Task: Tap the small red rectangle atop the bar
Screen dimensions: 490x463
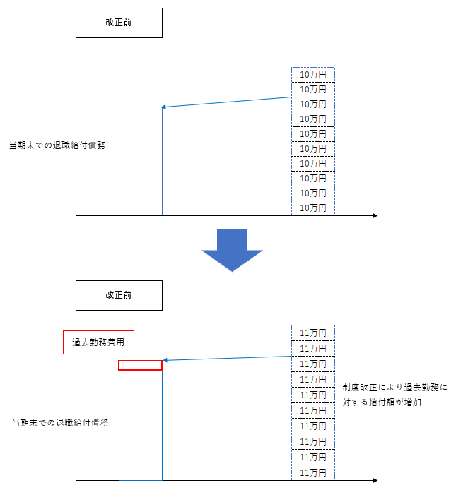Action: click(140, 365)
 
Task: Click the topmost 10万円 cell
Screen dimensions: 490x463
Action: click(312, 74)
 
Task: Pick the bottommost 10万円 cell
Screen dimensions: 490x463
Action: click(312, 208)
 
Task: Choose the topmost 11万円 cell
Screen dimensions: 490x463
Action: click(312, 333)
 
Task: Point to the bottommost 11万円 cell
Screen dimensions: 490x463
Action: click(312, 472)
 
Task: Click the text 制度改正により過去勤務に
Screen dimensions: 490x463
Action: click(395, 388)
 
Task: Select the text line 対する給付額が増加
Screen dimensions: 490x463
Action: click(382, 402)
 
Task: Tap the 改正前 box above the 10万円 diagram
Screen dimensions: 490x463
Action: click(119, 23)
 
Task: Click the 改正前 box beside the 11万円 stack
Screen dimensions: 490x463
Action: click(119, 295)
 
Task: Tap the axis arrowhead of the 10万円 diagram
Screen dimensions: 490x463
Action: click(375, 215)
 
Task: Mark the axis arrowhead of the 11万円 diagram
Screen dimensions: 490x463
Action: click(375, 481)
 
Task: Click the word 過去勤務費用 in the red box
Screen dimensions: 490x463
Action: click(98, 342)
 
